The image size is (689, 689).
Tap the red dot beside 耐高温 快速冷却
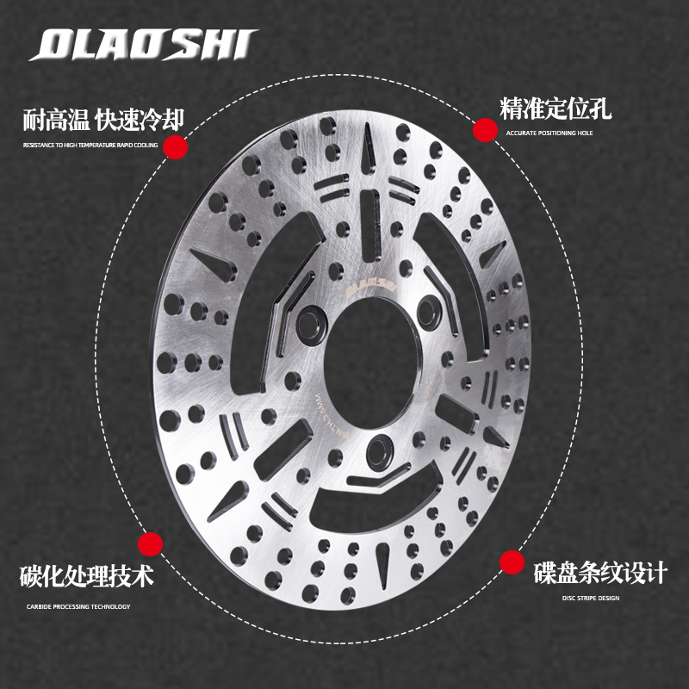(x=177, y=147)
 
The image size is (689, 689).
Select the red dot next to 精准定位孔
(x=485, y=130)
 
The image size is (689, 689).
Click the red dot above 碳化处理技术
(x=151, y=543)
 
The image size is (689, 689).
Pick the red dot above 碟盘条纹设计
(x=513, y=562)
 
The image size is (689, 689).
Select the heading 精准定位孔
(x=556, y=109)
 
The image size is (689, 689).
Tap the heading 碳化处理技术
(x=87, y=576)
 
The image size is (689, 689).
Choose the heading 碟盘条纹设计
(x=599, y=572)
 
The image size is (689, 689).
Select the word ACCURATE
(x=520, y=133)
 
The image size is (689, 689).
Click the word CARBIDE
(x=40, y=607)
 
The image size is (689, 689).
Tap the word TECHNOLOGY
(x=111, y=607)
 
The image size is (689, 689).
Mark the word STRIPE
(x=586, y=598)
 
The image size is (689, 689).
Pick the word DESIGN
(x=609, y=598)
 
